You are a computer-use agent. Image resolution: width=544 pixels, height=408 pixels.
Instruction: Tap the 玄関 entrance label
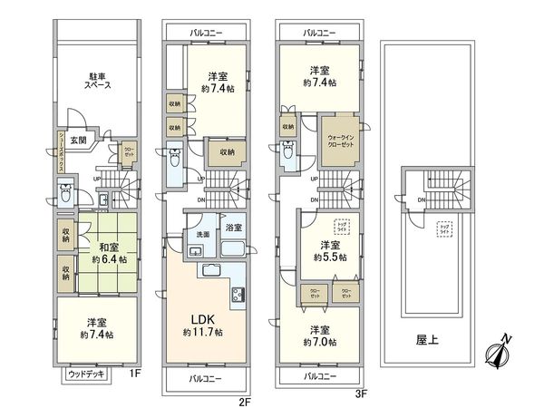[x=78, y=140]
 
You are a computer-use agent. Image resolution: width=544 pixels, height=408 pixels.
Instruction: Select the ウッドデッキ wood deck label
[x=86, y=374]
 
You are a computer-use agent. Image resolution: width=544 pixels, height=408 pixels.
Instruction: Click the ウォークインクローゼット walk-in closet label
[x=341, y=141]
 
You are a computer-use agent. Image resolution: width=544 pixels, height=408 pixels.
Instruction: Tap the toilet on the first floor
[x=64, y=193]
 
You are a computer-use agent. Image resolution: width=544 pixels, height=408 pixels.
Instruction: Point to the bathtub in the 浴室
[x=232, y=248]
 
